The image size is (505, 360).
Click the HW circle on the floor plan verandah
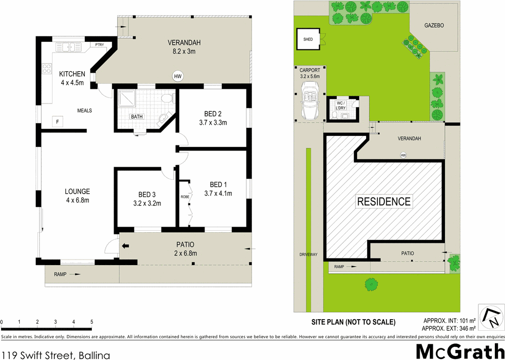tap(177, 77)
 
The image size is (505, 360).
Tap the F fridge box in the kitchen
tap(58, 122)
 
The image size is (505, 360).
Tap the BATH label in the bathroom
tap(137, 117)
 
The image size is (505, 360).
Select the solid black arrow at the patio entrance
tap(125, 246)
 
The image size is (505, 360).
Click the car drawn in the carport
tap(309, 100)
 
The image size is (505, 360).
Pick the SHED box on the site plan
tap(308, 39)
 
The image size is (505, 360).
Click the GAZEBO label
tap(433, 25)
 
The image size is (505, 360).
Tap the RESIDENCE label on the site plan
tap(384, 201)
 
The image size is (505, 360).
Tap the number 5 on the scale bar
tap(91, 322)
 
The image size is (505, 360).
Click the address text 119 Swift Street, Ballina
tap(56, 355)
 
